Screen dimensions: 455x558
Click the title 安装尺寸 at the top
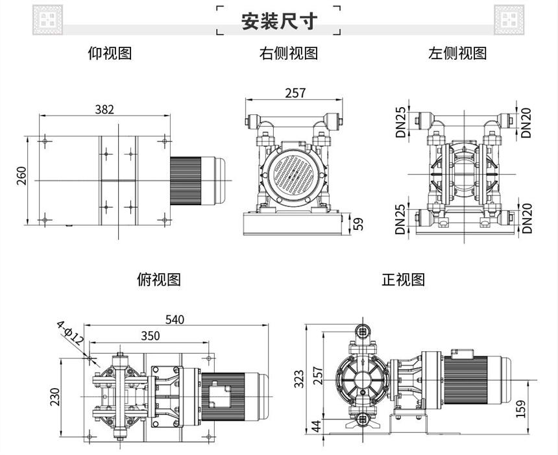point(279,22)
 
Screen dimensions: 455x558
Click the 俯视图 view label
point(159,280)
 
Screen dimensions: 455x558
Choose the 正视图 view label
point(403,280)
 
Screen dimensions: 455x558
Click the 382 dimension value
point(104,109)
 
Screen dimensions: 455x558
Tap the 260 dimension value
point(21,177)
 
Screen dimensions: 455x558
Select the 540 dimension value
point(175,319)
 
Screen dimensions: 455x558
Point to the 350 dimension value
point(150,335)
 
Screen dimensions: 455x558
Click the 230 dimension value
point(56,396)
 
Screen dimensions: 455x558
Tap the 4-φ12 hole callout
point(70,332)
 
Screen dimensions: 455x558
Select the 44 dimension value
point(317,427)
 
